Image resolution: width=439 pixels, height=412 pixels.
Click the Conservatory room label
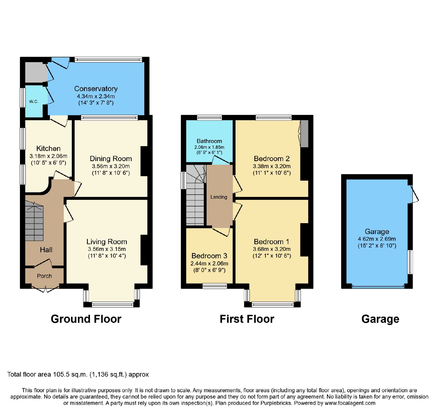pyautogui.click(x=96, y=89)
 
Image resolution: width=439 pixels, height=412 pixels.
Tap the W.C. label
pyautogui.click(x=34, y=102)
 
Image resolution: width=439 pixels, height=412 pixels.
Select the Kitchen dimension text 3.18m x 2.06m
pyautogui.click(x=48, y=156)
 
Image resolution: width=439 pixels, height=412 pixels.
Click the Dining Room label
pyautogui.click(x=111, y=159)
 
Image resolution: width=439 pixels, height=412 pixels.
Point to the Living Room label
pyautogui.click(x=107, y=242)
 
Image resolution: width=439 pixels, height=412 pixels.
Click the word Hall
pyautogui.click(x=46, y=250)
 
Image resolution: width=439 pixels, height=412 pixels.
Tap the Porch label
pyautogui.click(x=44, y=276)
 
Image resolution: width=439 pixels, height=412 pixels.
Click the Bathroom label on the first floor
pyautogui.click(x=209, y=141)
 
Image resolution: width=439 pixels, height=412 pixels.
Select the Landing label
pyautogui.click(x=219, y=197)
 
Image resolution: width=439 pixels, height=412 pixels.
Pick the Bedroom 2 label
pyautogui.click(x=272, y=159)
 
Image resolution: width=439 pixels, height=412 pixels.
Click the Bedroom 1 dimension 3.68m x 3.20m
pyautogui.click(x=272, y=249)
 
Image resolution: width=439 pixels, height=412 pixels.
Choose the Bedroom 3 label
pyautogui.click(x=209, y=256)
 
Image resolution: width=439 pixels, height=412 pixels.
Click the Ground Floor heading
pyautogui.click(x=86, y=319)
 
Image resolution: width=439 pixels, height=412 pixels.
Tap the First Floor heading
pyautogui.click(x=247, y=319)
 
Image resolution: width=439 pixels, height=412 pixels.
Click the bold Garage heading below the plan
pyautogui.click(x=380, y=319)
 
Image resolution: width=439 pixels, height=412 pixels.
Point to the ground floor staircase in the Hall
pyautogui.click(x=34, y=221)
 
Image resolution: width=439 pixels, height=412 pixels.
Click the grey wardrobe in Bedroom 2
pyautogui.click(x=304, y=134)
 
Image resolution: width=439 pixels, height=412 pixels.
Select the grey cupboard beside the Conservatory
pyautogui.click(x=34, y=72)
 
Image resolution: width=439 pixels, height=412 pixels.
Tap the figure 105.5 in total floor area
pyautogui.click(x=61, y=374)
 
